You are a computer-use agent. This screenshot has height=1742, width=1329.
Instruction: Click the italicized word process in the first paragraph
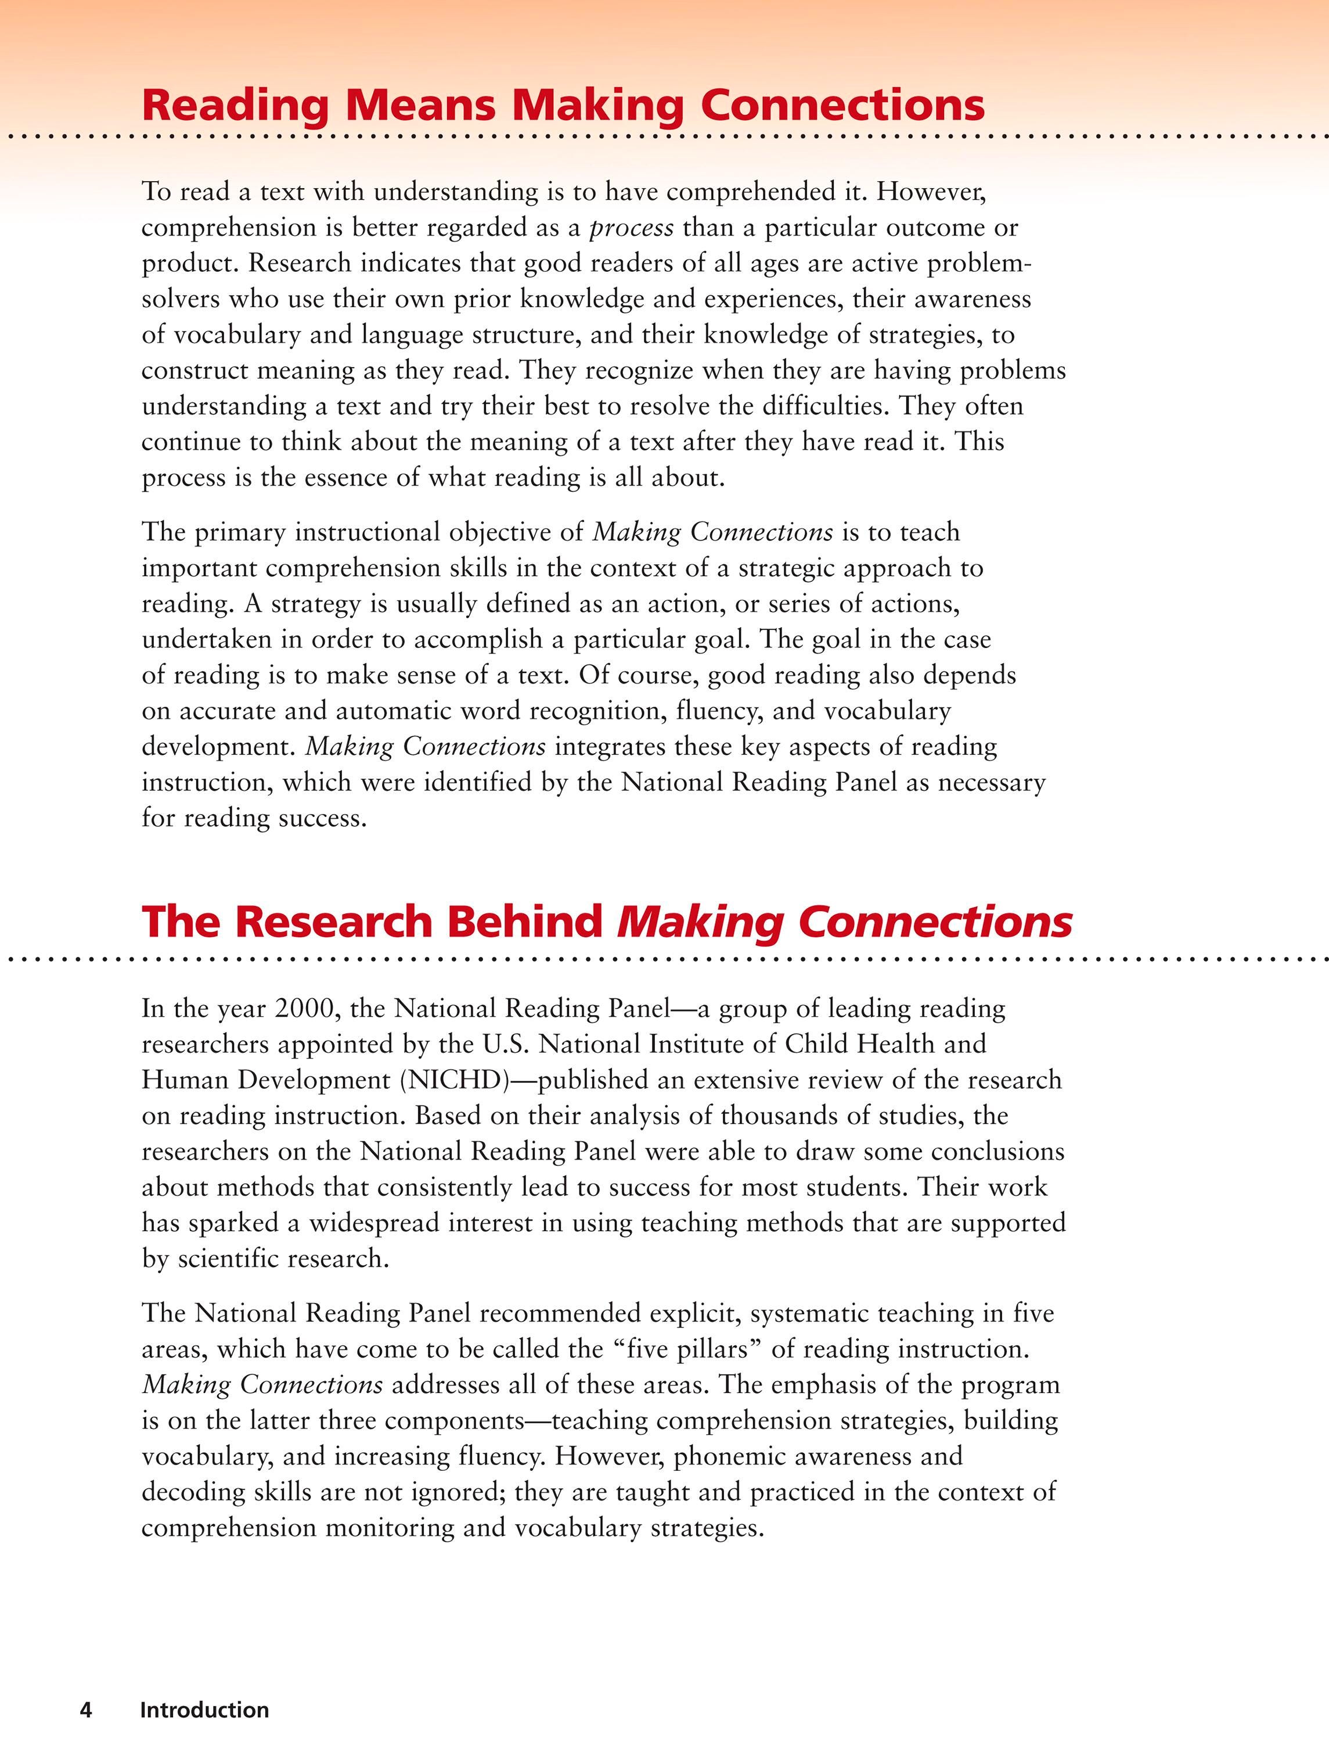(631, 228)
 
